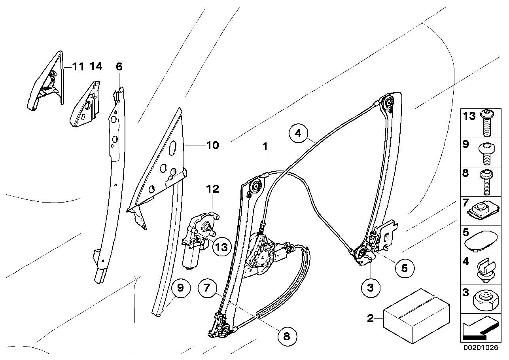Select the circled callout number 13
[x=222, y=247]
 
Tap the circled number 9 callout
[x=180, y=288]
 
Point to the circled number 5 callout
[x=404, y=268]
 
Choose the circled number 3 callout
[x=370, y=288]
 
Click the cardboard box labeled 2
[x=416, y=315]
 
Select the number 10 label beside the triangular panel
[x=212, y=146]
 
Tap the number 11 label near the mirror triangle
[x=78, y=66]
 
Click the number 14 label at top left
[x=96, y=66]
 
